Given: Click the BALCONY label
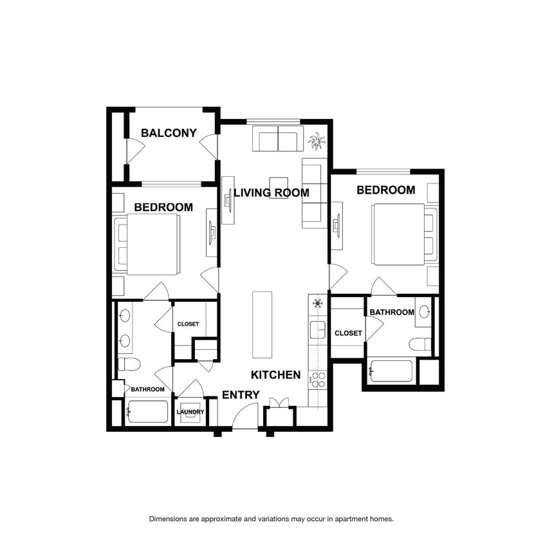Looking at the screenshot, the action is (x=169, y=133).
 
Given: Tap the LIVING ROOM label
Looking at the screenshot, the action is (x=271, y=192).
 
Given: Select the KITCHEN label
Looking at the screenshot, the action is (x=275, y=374).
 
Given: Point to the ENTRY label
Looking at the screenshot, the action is (x=241, y=395).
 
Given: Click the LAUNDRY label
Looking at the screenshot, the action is (x=190, y=412).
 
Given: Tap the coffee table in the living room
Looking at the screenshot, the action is (x=279, y=188).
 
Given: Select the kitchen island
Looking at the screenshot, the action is (x=262, y=324).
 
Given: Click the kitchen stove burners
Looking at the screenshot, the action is (x=318, y=380).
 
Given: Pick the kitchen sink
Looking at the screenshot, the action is (x=318, y=330).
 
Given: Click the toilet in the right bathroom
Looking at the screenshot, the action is (x=420, y=344).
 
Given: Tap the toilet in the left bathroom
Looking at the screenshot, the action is (x=129, y=364).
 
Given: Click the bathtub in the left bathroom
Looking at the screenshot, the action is (x=148, y=412).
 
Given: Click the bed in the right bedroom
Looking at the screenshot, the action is (x=405, y=234).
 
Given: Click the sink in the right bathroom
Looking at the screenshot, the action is (x=424, y=311).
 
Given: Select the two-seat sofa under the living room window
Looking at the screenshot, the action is (x=278, y=138).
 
